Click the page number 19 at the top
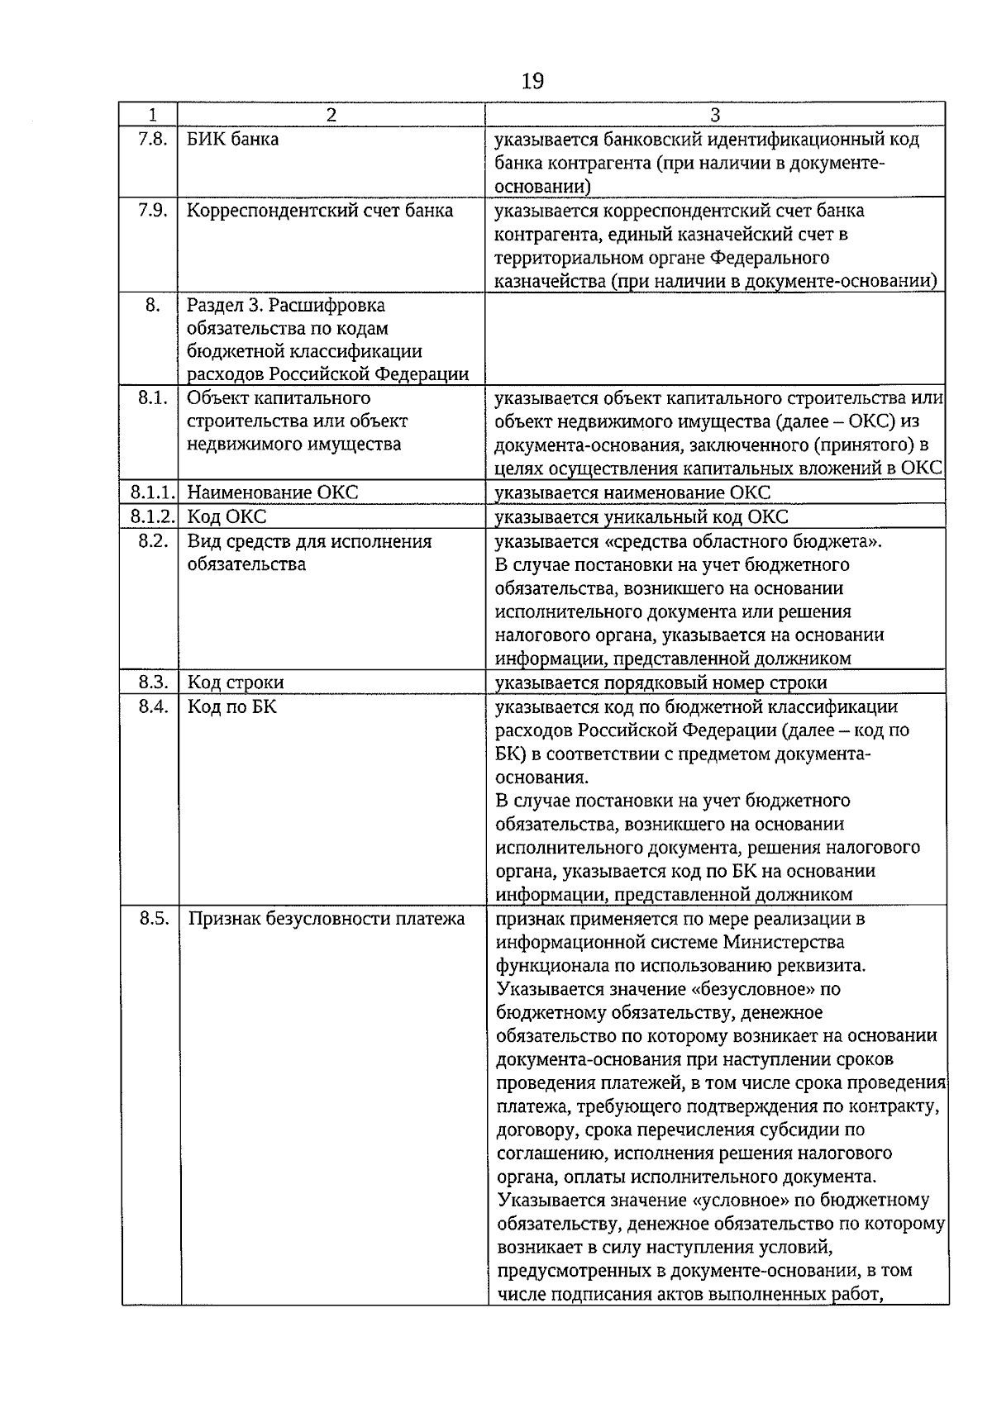(532, 81)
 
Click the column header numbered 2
(331, 115)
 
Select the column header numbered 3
(715, 115)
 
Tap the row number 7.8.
(152, 139)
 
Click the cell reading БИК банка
(232, 139)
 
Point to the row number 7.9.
(152, 211)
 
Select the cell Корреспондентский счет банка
(320, 211)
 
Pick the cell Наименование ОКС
(273, 493)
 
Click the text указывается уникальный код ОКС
(641, 517)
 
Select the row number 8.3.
(152, 682)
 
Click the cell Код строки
(236, 682)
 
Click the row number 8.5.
(152, 919)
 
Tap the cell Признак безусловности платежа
(326, 919)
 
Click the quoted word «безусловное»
(743, 989)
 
